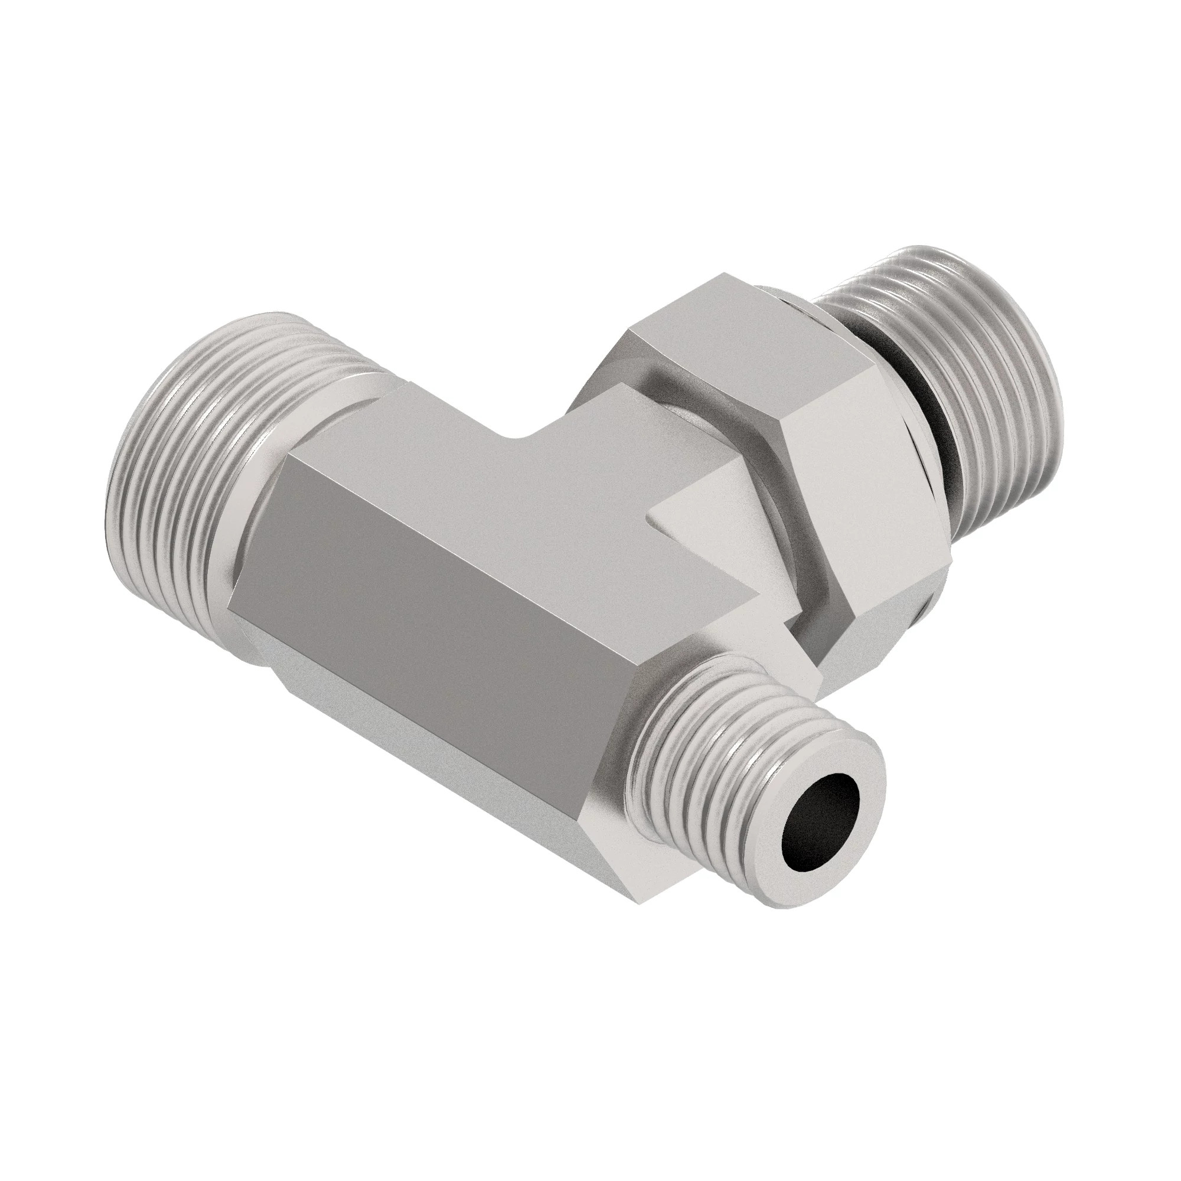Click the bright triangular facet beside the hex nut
(709, 501)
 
